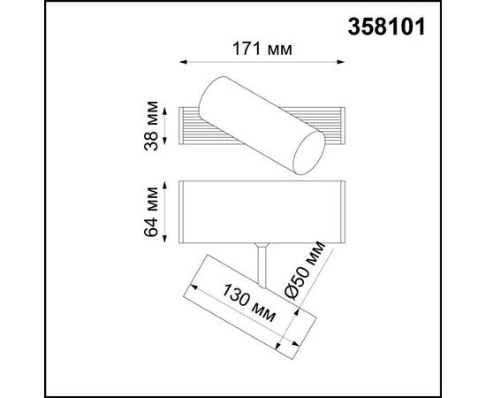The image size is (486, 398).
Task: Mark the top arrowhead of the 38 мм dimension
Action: [164, 109]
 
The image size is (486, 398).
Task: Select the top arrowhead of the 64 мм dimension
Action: [164, 182]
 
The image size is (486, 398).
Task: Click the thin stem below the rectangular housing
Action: [262, 258]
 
